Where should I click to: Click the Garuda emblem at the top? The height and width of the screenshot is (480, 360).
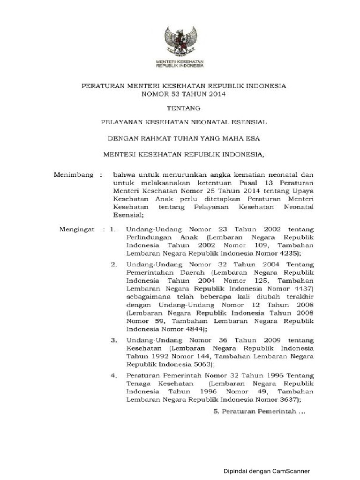pos(180,42)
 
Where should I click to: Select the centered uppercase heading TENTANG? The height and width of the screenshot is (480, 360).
pos(180,108)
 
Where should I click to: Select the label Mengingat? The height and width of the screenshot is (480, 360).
pos(76,229)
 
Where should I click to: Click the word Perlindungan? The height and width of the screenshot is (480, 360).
pos(148,238)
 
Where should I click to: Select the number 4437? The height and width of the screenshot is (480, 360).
pos(301,288)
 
